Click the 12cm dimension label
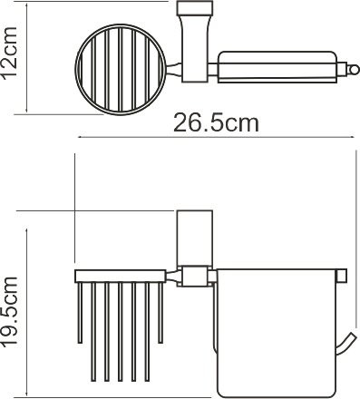pos(9,54)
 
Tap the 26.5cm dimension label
pos(216,122)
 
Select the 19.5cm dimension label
pos(9,312)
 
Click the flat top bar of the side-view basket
pos(121,277)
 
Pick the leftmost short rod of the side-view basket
pos(80,313)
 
